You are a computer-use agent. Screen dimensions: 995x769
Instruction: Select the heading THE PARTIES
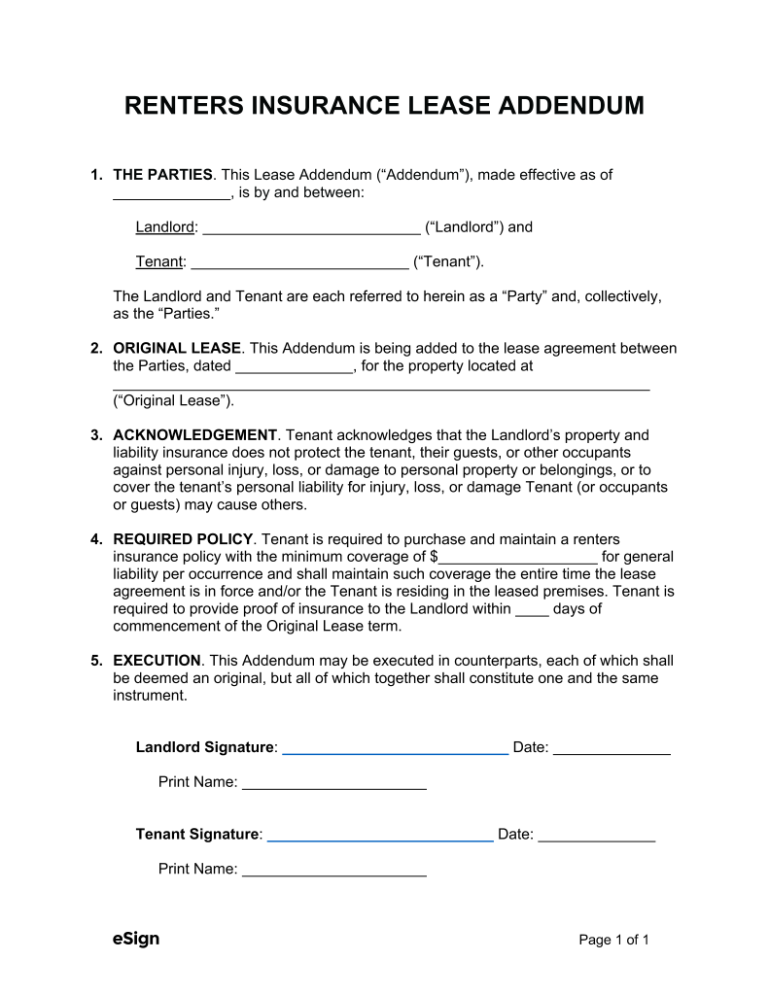[162, 175]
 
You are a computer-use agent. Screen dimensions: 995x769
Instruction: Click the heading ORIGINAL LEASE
[177, 348]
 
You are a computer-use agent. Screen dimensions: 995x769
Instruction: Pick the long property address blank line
[381, 388]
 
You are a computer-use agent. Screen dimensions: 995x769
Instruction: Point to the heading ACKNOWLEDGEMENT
[195, 435]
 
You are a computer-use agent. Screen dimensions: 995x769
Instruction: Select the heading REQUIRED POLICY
[183, 539]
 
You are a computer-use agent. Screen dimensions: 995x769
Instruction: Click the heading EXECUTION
[157, 661]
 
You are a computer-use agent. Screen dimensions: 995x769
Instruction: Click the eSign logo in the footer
[136, 939]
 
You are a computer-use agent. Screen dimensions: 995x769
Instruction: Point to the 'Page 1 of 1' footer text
[613, 940]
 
